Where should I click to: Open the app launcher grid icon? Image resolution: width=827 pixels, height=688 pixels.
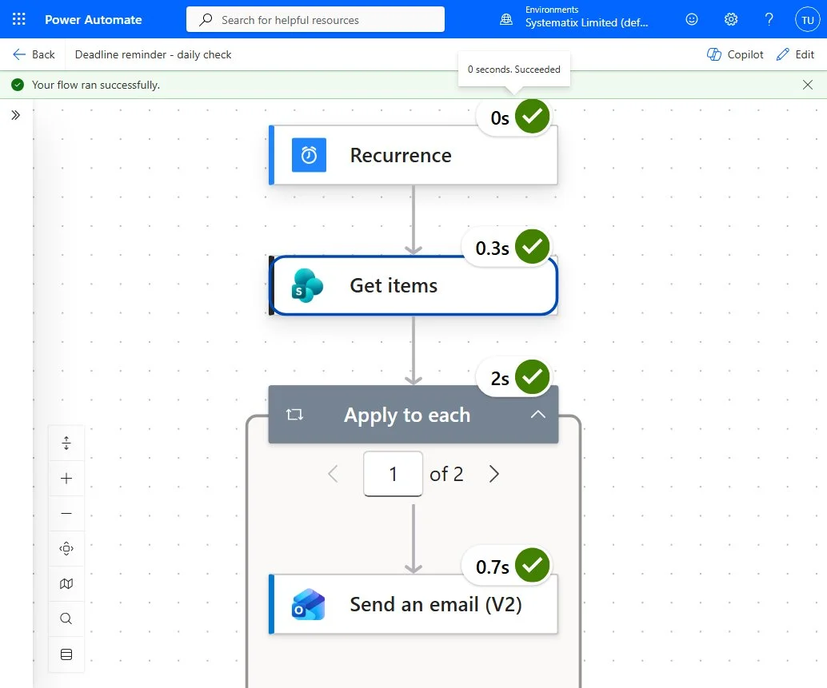point(19,19)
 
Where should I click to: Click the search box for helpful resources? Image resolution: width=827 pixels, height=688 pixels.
point(315,19)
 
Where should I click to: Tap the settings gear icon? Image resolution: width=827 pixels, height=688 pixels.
point(730,19)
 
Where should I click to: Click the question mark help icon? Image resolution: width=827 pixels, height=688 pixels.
point(769,19)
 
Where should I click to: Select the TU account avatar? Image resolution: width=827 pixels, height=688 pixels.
point(808,19)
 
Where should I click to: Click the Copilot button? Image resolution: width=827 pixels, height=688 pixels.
point(735,54)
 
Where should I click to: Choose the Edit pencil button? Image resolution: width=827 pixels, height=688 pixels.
point(795,54)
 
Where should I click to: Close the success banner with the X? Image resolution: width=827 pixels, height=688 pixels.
point(808,85)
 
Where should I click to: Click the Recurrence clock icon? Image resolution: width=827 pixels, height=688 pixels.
point(309,155)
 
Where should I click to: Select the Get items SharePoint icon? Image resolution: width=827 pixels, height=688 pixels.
point(307,285)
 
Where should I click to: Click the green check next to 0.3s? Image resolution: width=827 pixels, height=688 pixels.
point(532,247)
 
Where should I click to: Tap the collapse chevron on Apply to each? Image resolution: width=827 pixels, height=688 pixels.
point(537,415)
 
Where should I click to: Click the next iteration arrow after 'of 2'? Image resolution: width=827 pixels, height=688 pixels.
point(493,474)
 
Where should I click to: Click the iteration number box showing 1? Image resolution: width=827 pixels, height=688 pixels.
point(393,474)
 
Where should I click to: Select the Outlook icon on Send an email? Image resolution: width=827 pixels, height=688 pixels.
point(309,604)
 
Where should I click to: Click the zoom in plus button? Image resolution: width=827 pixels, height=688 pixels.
point(66,479)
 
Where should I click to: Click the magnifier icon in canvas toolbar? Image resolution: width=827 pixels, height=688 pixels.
point(66,618)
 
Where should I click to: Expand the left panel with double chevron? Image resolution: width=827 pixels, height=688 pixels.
point(16,115)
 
